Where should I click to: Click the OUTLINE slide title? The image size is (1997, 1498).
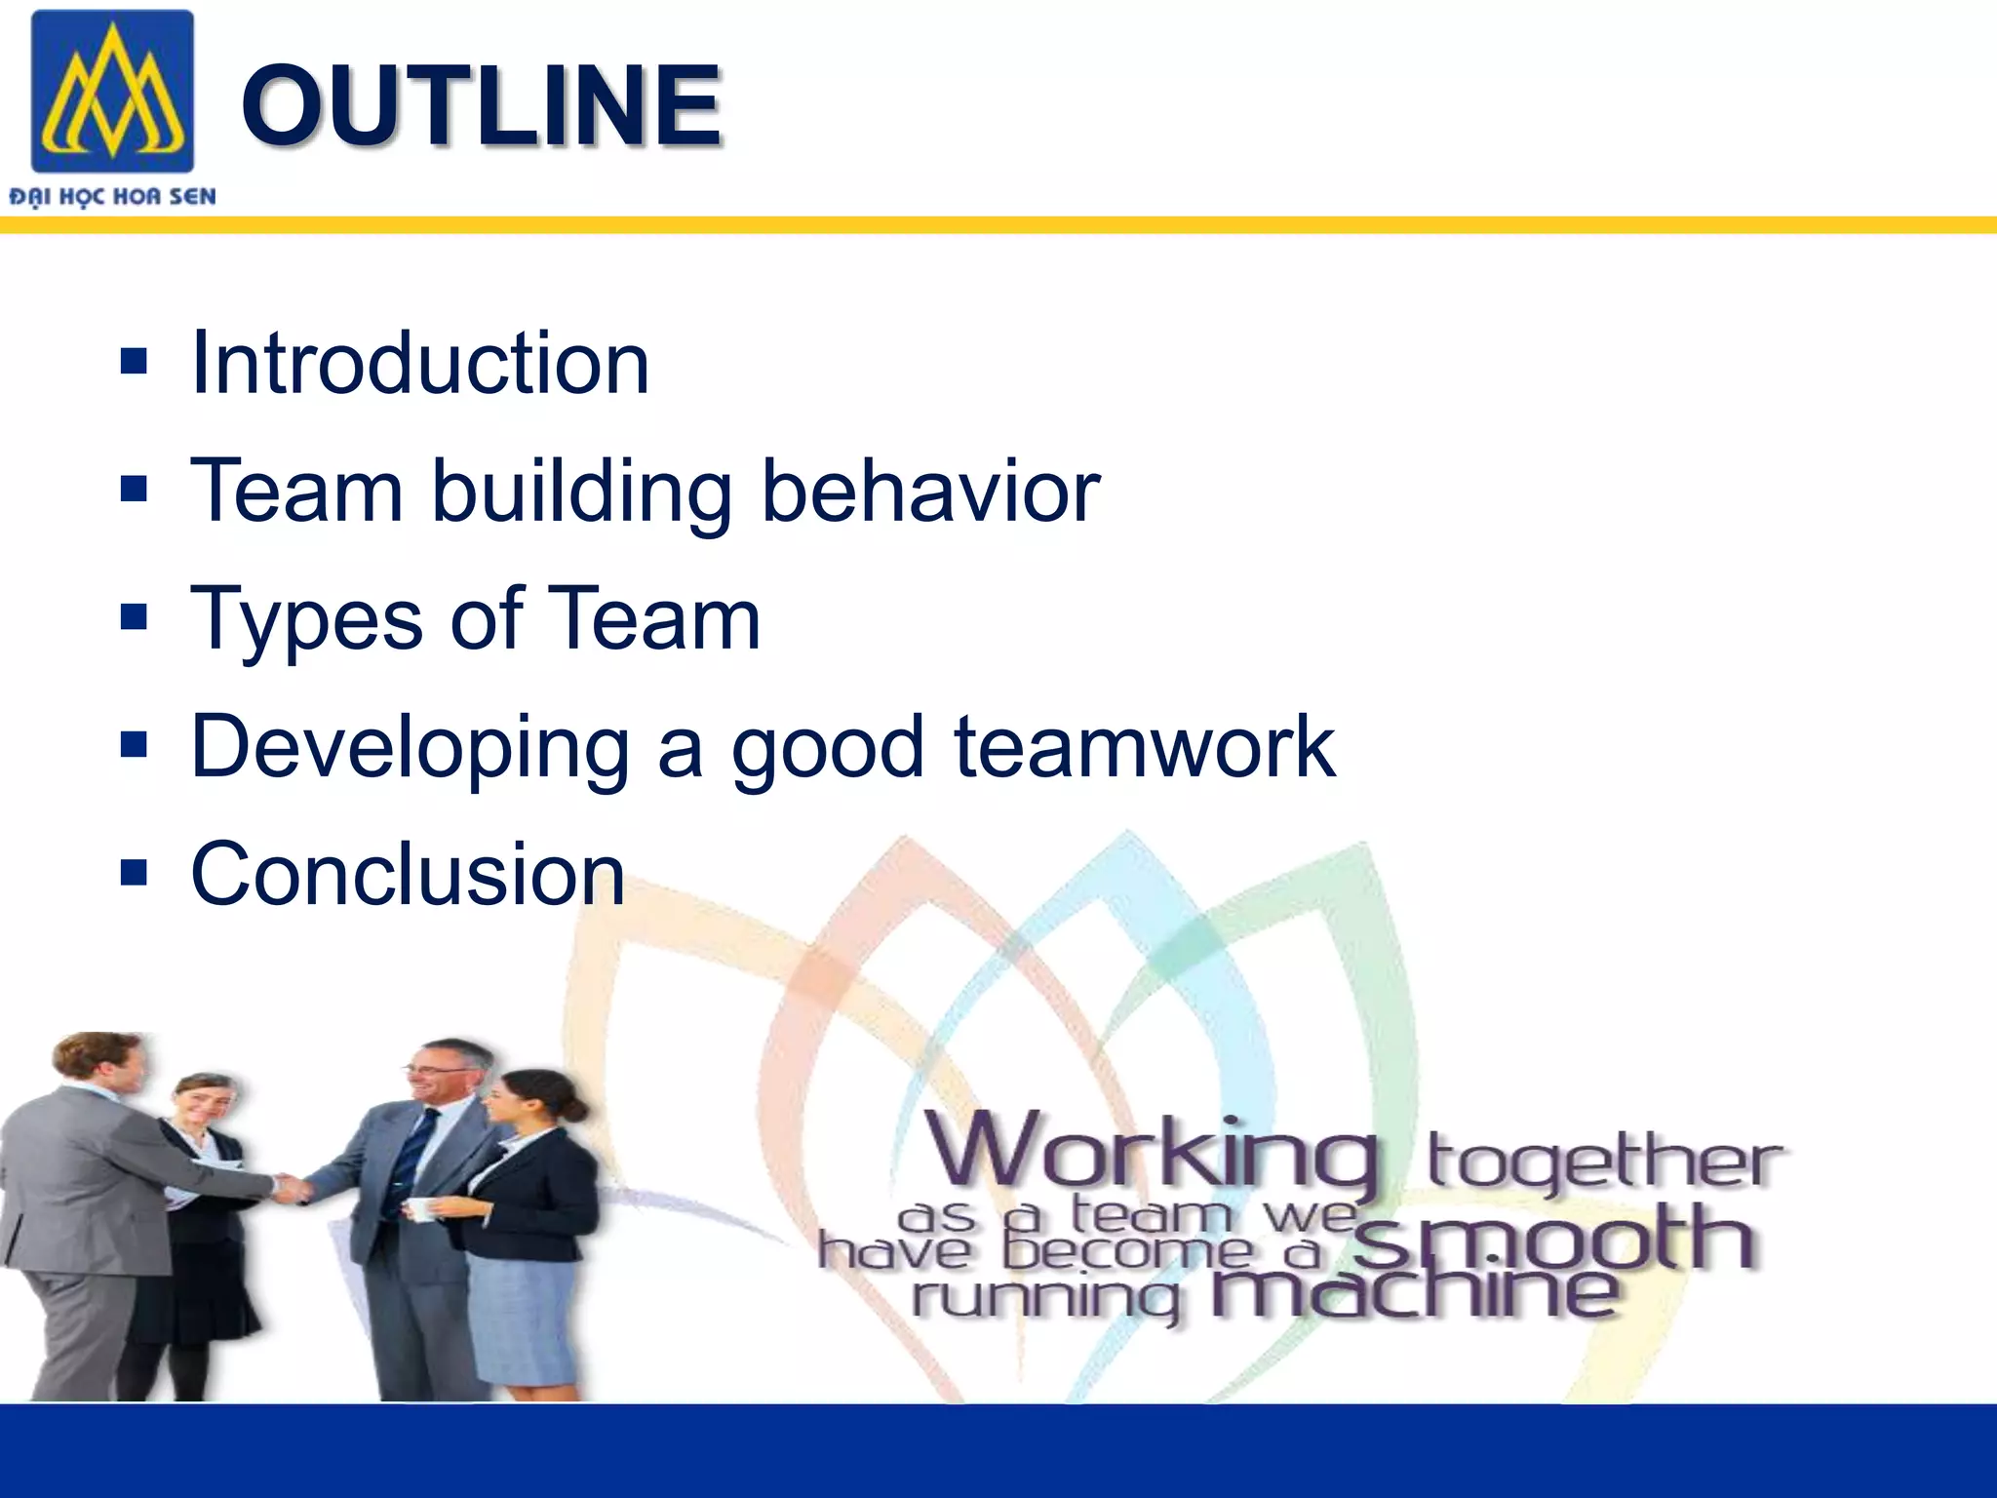[481, 105]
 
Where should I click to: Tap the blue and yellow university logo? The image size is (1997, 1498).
[112, 92]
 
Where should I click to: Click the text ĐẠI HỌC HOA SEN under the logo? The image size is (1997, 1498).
[112, 197]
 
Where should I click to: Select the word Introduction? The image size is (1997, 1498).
[420, 363]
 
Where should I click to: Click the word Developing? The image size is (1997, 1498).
[411, 748]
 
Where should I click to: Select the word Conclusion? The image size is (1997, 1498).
[408, 874]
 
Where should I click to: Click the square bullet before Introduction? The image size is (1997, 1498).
[134, 362]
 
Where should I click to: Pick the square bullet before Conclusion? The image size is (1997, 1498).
[134, 873]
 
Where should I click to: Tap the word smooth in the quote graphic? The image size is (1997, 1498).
[1554, 1237]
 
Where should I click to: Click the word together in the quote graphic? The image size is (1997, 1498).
[1603, 1161]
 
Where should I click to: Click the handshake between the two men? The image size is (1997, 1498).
[290, 1188]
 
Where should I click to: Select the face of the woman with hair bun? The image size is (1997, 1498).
[507, 1101]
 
